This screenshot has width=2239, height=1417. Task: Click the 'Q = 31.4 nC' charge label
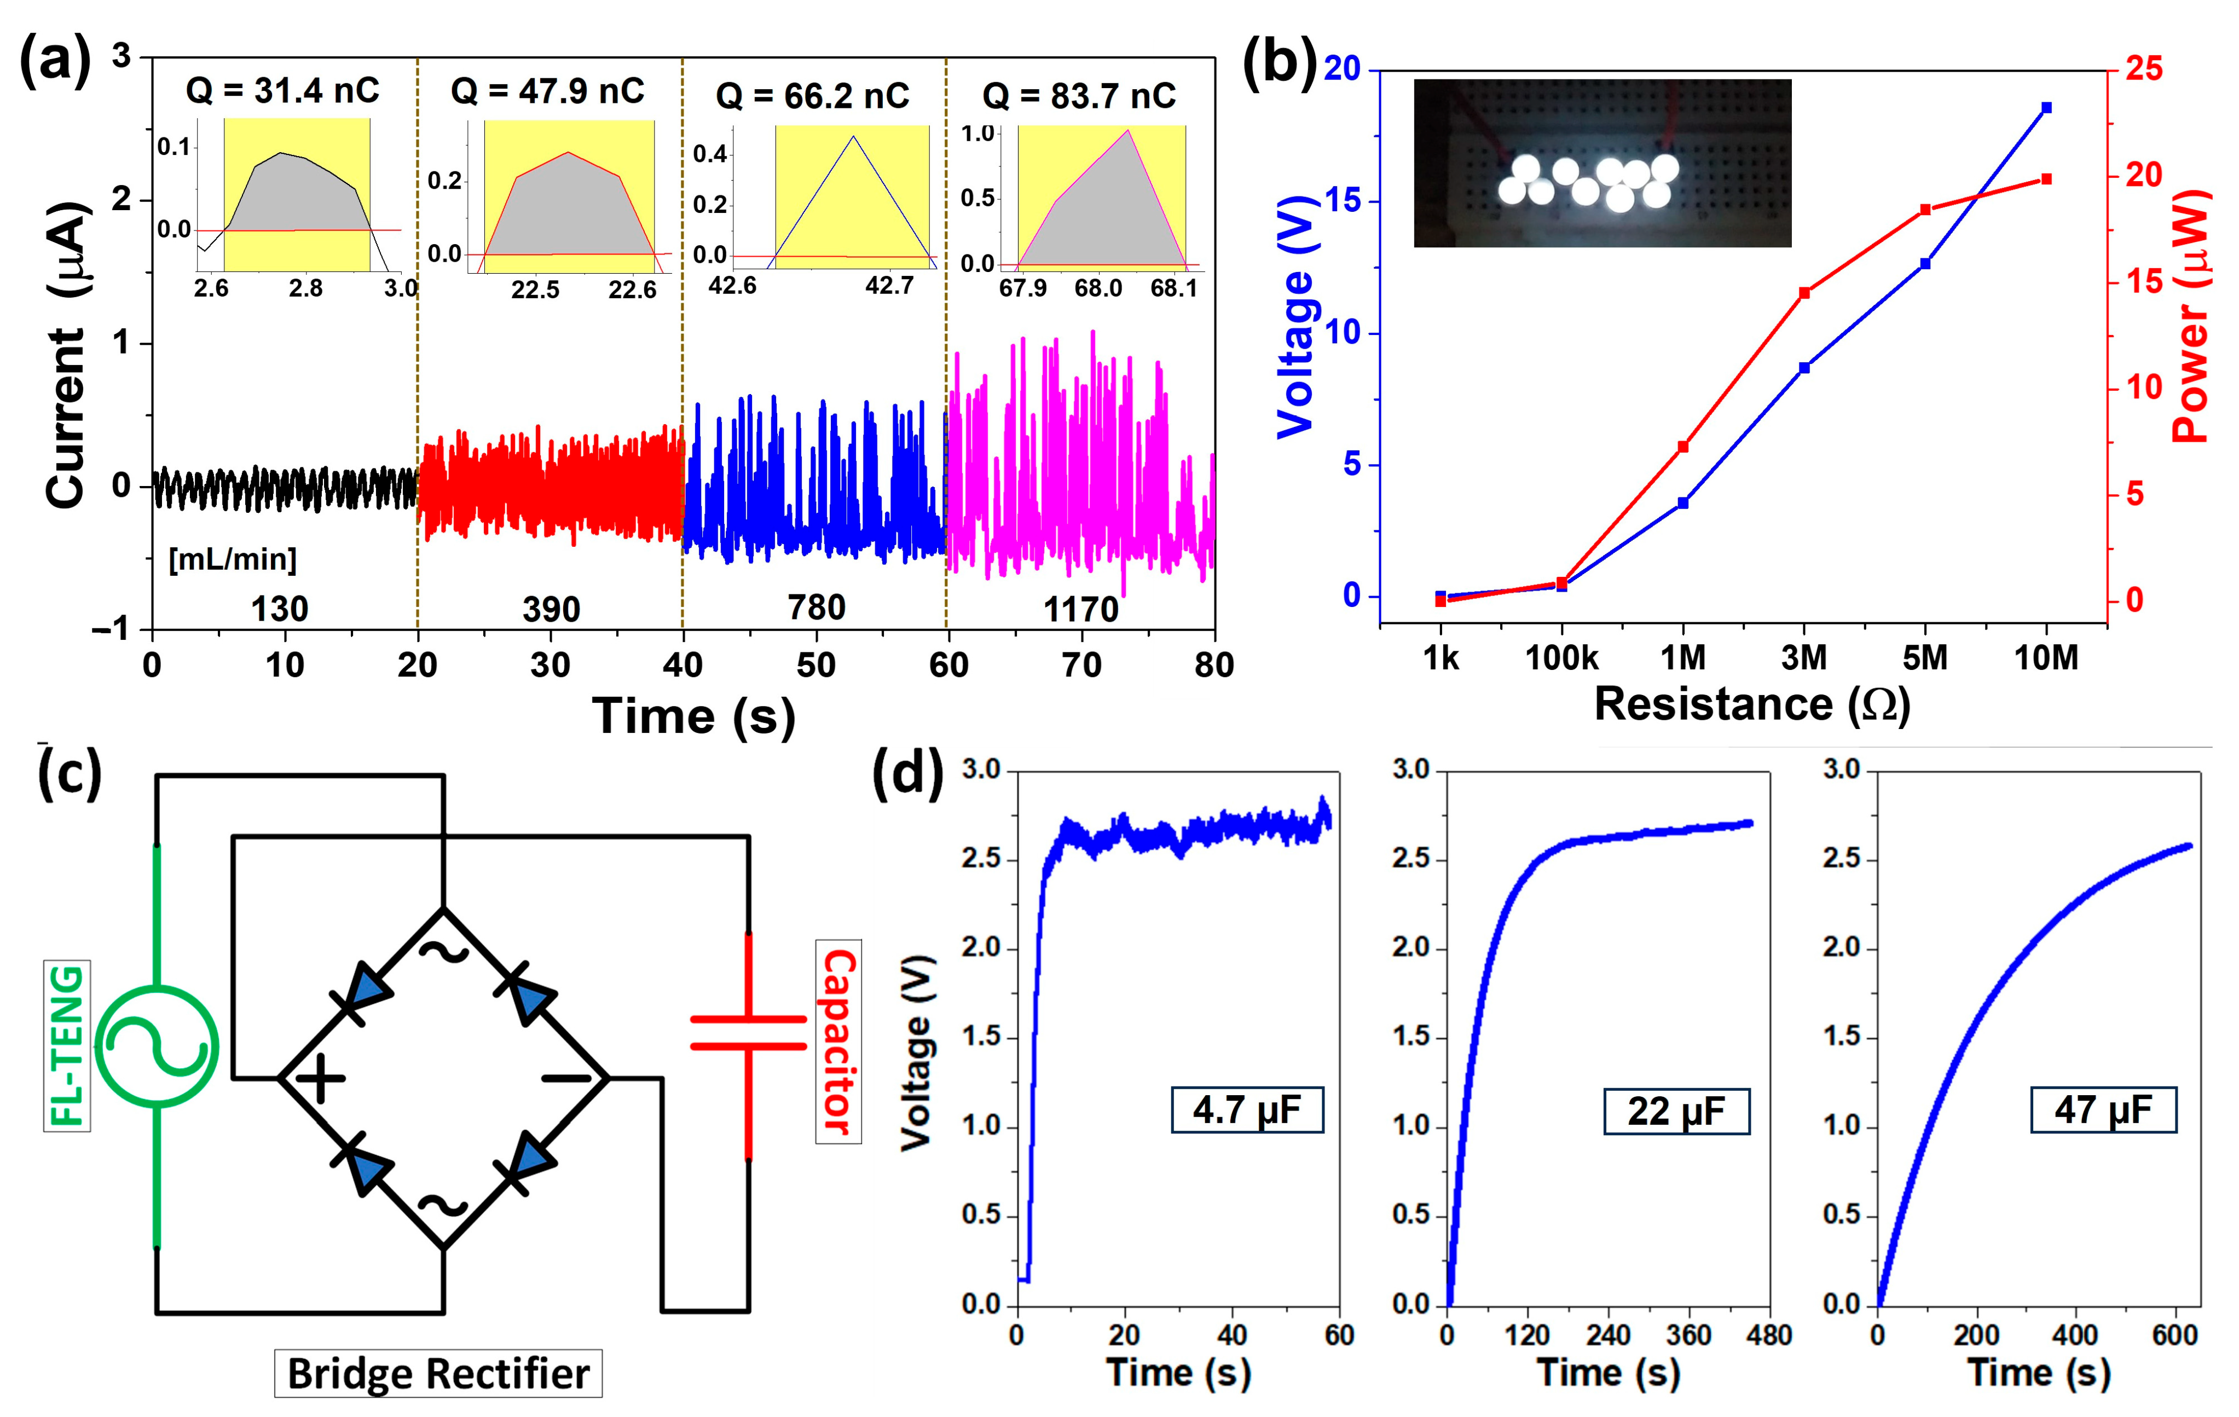click(x=282, y=91)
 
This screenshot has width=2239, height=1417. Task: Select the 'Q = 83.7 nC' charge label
click(x=1079, y=96)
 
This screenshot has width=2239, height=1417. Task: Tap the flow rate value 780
click(x=817, y=607)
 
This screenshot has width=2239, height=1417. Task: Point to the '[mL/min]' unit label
click(x=233, y=559)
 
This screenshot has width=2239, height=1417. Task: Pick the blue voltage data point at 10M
click(x=2046, y=108)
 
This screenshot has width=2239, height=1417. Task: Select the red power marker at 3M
click(x=1804, y=293)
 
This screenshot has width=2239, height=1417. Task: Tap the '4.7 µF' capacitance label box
click(x=1246, y=1109)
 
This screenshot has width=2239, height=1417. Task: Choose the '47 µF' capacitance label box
click(x=2103, y=1109)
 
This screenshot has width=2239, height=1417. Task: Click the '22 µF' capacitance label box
click(x=1675, y=1111)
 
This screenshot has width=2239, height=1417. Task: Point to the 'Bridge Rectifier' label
click(x=438, y=1373)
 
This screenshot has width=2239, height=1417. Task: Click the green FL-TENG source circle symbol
click(x=156, y=1046)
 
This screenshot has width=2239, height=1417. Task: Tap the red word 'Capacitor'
click(x=838, y=1042)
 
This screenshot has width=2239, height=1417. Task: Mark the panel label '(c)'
click(x=70, y=773)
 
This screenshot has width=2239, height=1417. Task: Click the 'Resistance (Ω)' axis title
click(x=1752, y=704)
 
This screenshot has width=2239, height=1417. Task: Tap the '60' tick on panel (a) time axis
click(x=948, y=665)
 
